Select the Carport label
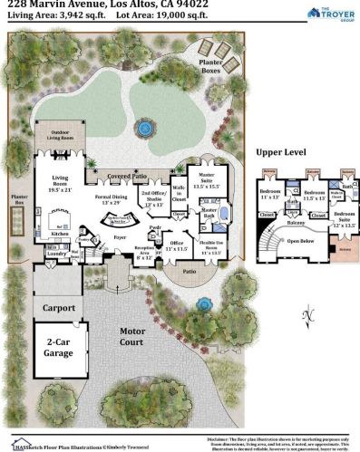coord(58,307)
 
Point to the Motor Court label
coord(132,336)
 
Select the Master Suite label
coord(209,178)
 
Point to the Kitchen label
coord(61,233)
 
